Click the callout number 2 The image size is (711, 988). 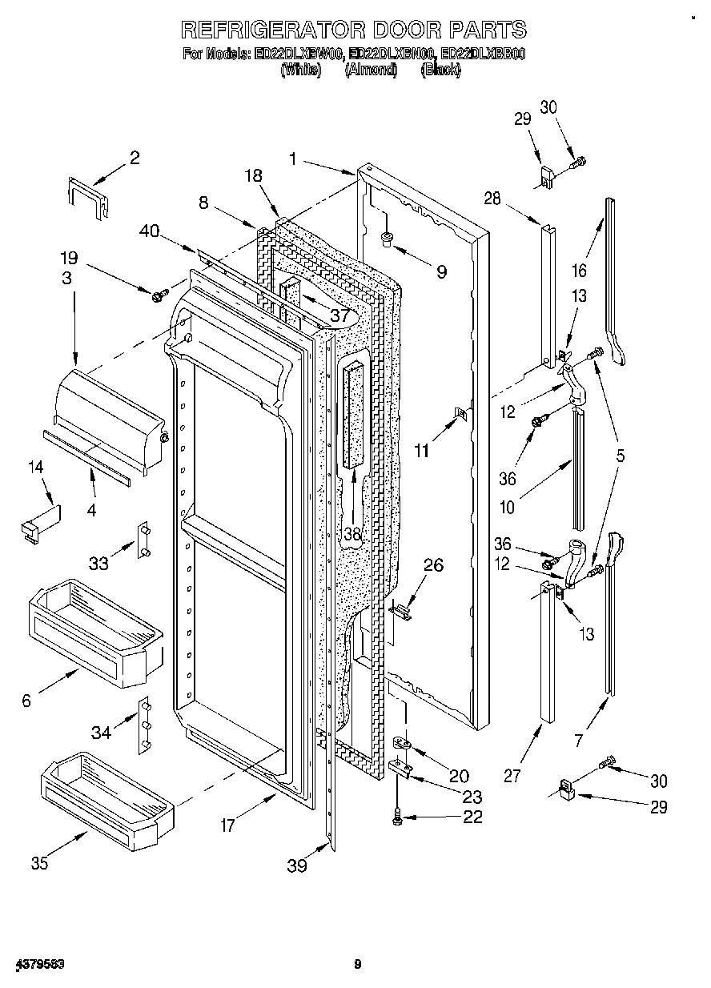coord(135,158)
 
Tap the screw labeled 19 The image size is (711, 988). coord(157,295)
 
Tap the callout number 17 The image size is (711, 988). coord(228,825)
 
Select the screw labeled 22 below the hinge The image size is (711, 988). coord(398,817)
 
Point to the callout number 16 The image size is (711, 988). coord(579,270)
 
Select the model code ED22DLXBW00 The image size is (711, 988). coord(299,55)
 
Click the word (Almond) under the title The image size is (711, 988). coord(370,70)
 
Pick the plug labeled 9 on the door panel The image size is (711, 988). coord(387,237)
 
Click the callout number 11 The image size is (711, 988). coord(421,451)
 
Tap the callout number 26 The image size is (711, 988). coord(432,565)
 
